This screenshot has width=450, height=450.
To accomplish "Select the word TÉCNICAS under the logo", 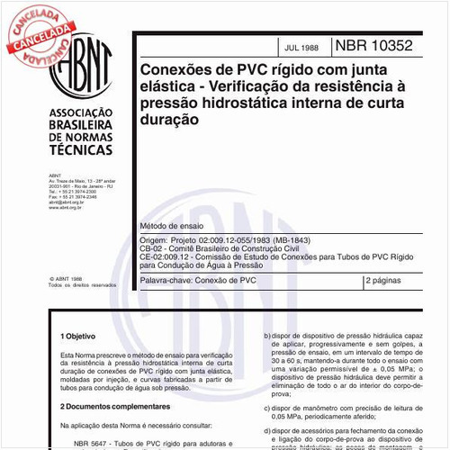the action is click(79, 152).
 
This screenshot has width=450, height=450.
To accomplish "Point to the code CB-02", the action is click(145, 251).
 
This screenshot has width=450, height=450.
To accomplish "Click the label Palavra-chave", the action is click(159, 281).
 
